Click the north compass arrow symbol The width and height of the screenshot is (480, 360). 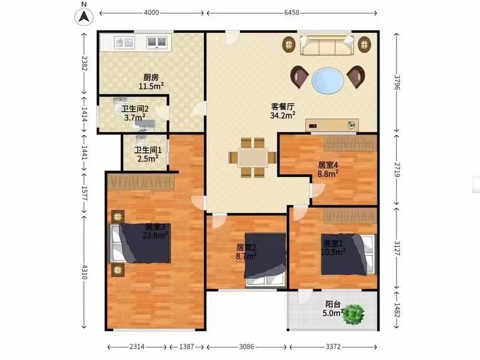tap(84, 17)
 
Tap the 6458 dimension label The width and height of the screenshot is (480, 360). tap(292, 13)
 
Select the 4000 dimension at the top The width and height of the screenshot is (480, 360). tap(152, 13)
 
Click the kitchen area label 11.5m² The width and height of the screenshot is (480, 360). tap(151, 86)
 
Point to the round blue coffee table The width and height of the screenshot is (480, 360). tap(328, 81)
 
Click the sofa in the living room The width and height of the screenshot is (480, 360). tap(327, 44)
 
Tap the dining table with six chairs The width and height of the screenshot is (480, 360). tap(253, 158)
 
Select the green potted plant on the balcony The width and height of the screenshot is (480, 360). tap(353, 314)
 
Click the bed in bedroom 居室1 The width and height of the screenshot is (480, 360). tap(349, 254)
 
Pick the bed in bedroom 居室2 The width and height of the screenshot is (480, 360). tap(265, 260)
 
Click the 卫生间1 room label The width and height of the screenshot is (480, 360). tap(148, 151)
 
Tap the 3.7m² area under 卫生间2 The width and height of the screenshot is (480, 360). tap(134, 117)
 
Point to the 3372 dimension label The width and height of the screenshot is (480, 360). tap(333, 347)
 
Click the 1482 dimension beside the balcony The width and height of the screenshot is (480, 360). tap(397, 311)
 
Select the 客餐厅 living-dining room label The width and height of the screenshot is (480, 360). tap(283, 107)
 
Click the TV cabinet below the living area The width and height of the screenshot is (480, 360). tap(332, 125)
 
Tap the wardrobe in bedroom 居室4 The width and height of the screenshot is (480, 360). tap(350, 143)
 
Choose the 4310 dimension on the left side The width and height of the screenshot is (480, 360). tap(85, 272)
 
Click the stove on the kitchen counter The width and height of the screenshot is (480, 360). tap(157, 43)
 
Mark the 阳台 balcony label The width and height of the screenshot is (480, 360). tap(333, 304)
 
